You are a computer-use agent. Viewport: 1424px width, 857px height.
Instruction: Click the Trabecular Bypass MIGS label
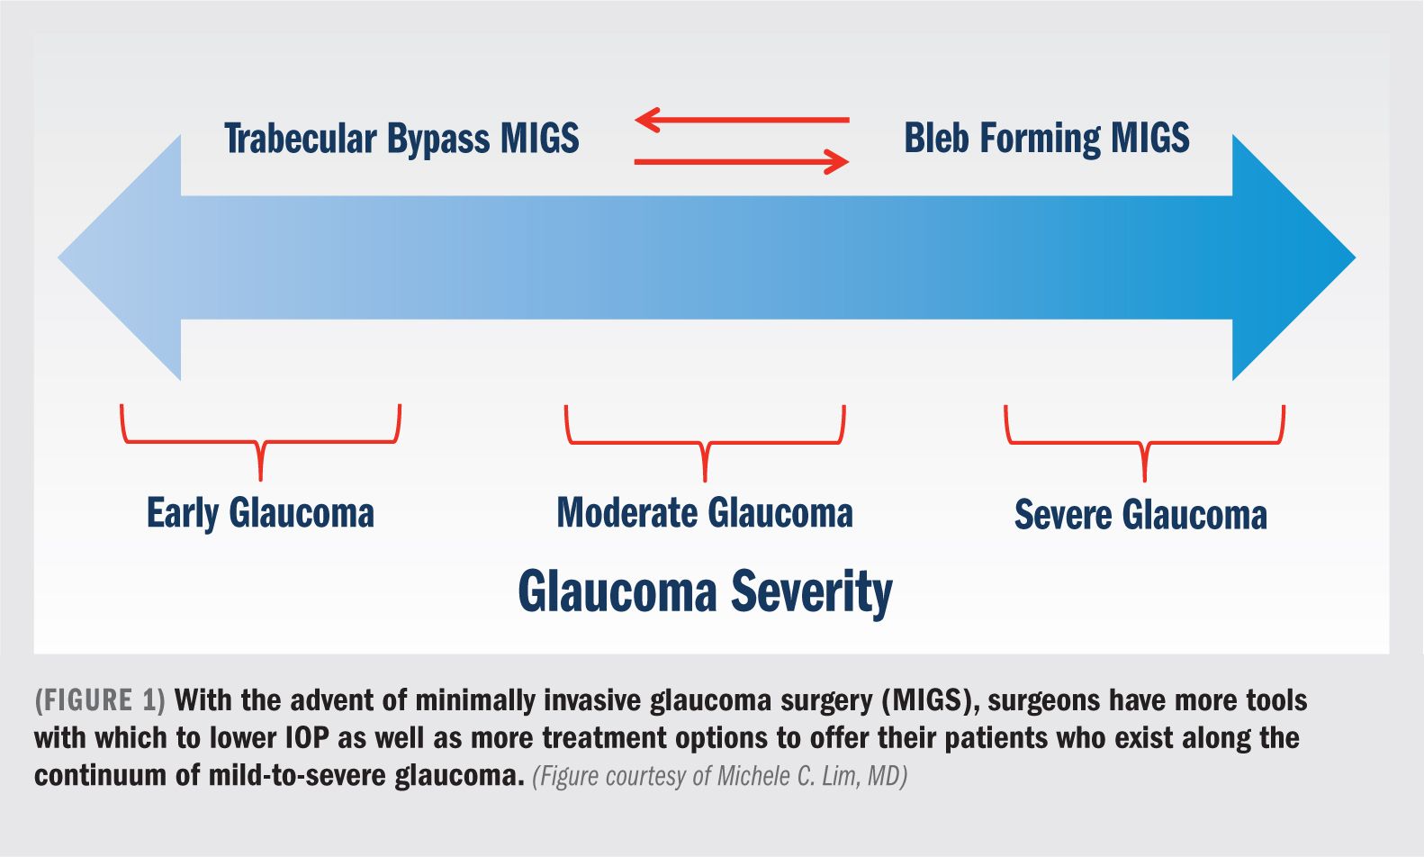(x=401, y=139)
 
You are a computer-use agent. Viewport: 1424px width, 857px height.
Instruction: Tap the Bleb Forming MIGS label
(x=1046, y=139)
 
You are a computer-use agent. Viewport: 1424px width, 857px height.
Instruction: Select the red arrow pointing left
(x=742, y=120)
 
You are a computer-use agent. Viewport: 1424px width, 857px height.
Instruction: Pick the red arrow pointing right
(x=742, y=161)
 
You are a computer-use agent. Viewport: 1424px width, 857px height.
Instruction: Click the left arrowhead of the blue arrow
(x=120, y=257)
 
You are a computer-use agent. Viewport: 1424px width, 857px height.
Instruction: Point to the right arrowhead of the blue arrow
(x=1293, y=257)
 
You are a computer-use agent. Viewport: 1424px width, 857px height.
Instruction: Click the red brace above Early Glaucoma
(x=260, y=441)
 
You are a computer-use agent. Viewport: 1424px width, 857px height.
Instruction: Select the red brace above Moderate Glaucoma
(x=705, y=443)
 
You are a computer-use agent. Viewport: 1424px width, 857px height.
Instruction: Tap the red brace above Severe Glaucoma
(x=1144, y=443)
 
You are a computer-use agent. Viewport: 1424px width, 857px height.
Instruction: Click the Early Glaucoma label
(x=260, y=513)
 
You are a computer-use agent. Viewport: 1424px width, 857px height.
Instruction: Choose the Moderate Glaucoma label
(x=705, y=513)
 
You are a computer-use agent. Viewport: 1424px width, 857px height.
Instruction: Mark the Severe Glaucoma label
(x=1140, y=514)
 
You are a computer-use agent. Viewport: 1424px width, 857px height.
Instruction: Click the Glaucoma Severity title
(x=705, y=592)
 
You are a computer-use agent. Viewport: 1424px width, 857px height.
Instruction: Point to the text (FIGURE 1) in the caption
(x=100, y=700)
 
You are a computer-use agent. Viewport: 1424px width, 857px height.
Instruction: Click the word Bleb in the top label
(x=937, y=138)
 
